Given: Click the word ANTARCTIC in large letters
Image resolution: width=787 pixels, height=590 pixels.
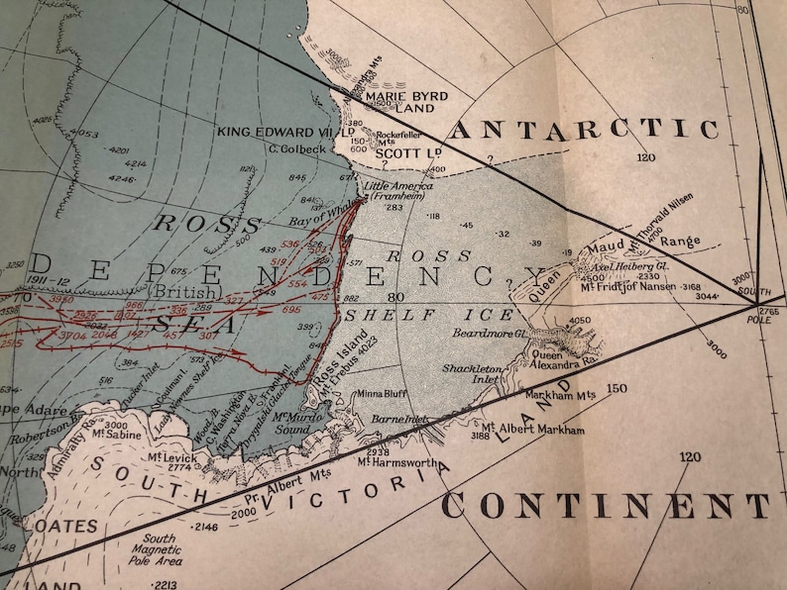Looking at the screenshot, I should [x=585, y=130].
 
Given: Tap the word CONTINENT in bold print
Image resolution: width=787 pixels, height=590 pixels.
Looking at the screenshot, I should [x=605, y=506].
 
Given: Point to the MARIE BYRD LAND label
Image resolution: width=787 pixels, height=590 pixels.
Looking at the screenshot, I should [x=408, y=102].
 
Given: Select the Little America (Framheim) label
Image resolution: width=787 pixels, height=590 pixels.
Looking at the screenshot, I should [x=397, y=191].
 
